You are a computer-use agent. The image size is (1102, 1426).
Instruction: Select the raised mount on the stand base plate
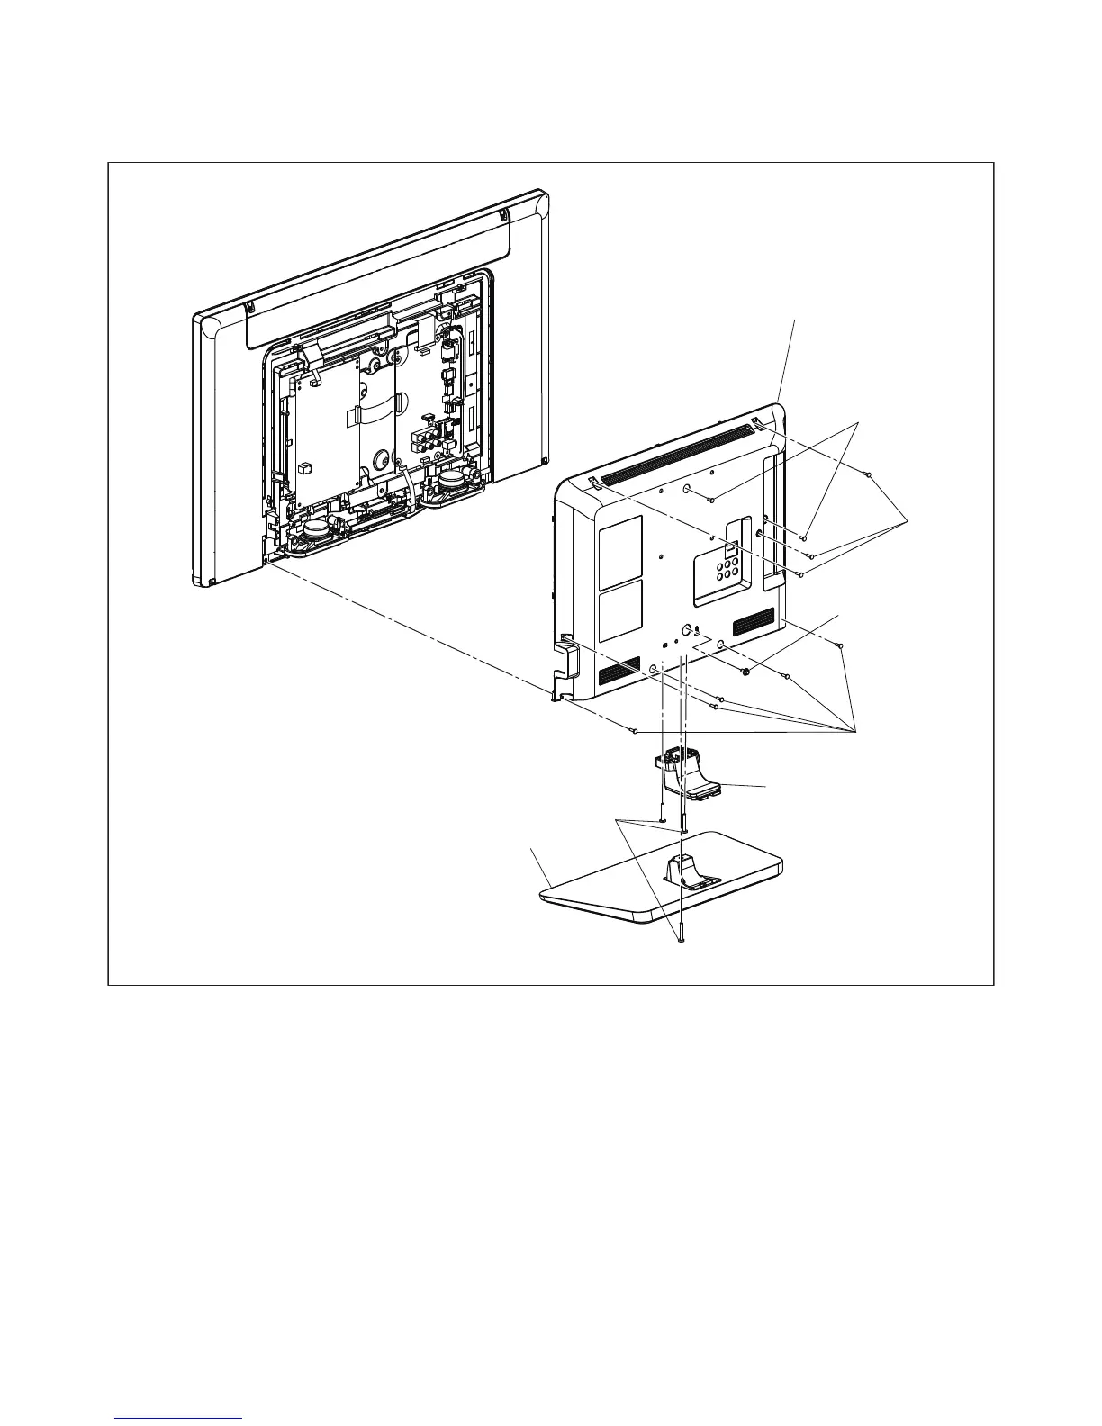[x=685, y=871]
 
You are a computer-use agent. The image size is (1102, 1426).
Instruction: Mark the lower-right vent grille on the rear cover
[x=754, y=622]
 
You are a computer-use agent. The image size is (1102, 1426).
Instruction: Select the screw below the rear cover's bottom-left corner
[x=634, y=729]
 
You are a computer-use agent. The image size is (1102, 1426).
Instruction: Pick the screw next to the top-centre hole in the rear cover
[x=711, y=499]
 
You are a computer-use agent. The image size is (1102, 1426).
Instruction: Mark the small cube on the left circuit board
[x=305, y=467]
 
